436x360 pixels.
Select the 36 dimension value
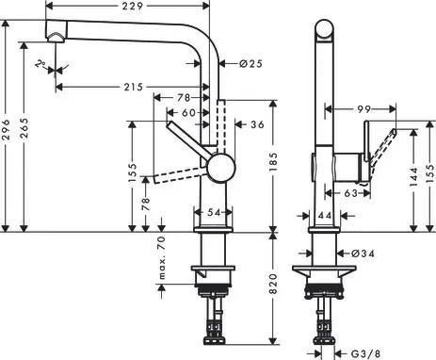coord(257,123)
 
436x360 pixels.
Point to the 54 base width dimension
coord(215,214)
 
